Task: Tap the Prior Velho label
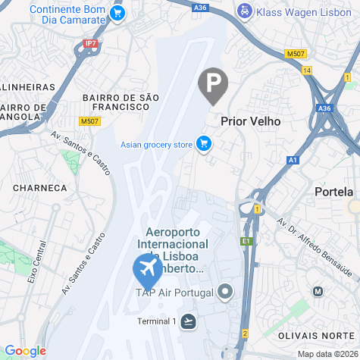coord(250,121)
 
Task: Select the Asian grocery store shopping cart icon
coord(203,142)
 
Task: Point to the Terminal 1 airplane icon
coord(188,321)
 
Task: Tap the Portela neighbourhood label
coord(333,192)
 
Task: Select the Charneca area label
coord(40,186)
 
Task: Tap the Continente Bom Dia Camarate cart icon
coord(117,13)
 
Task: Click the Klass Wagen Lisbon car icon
coord(244,11)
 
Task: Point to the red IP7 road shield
coord(91,44)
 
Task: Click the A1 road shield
coord(293,160)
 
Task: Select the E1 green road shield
coord(246,241)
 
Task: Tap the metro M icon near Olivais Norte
coord(318,291)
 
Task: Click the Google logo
coord(25,351)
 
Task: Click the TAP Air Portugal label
coord(173,292)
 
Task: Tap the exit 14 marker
coord(307,70)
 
